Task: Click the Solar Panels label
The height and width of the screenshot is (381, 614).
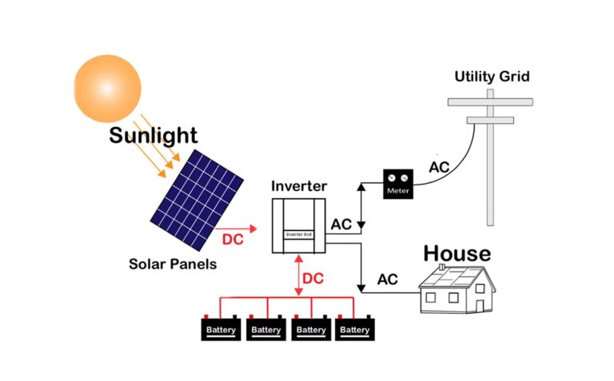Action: point(172,263)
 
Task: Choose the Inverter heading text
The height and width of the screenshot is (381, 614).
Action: point(299,186)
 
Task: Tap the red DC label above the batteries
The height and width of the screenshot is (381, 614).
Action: point(313,279)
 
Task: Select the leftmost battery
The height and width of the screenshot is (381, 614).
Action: point(221,328)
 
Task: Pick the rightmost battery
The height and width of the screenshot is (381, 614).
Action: point(356,328)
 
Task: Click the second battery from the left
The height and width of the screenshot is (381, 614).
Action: point(266,328)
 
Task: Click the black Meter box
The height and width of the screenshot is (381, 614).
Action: point(397,185)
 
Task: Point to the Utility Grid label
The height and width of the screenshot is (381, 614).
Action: point(492,77)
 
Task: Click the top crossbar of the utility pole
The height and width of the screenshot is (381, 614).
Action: point(490,101)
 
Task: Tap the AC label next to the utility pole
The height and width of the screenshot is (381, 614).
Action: point(439,168)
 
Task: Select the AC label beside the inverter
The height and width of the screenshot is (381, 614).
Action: point(341,224)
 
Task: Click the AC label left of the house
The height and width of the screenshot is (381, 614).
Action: point(387,280)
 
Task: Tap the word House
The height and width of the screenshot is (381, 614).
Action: point(457,253)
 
